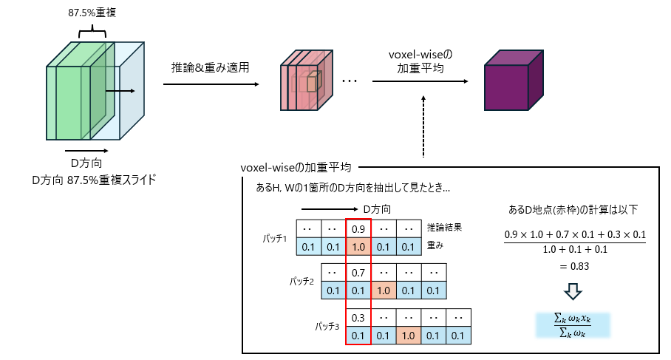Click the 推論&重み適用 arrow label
[x=211, y=67]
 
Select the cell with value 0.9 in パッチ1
[x=358, y=229]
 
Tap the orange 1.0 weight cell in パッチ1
[x=358, y=246]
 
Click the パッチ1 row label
[x=275, y=238]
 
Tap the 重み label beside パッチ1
[x=435, y=245]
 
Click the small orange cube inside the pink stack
[x=312, y=83]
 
